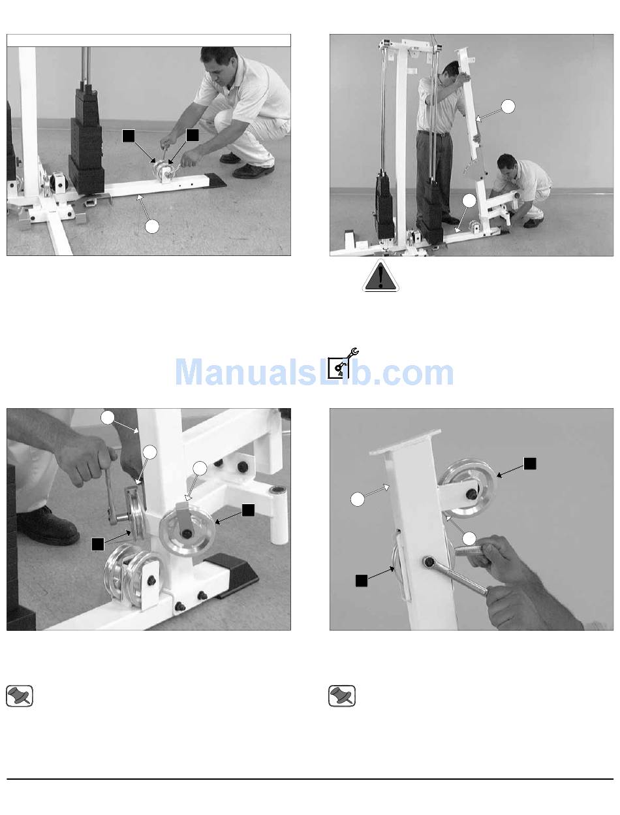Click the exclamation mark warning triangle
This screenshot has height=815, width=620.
(x=380, y=276)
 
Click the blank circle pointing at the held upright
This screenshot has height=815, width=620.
(x=508, y=106)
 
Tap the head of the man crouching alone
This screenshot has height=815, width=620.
(x=219, y=61)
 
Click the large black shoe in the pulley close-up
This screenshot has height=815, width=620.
(x=48, y=526)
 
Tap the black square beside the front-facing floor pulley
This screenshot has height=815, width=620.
(x=248, y=510)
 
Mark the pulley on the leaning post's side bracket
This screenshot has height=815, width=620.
(x=469, y=488)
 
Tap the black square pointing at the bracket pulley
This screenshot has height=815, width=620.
(x=530, y=464)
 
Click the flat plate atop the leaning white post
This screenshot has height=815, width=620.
(x=405, y=442)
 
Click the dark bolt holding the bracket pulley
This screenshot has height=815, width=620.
(x=473, y=494)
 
